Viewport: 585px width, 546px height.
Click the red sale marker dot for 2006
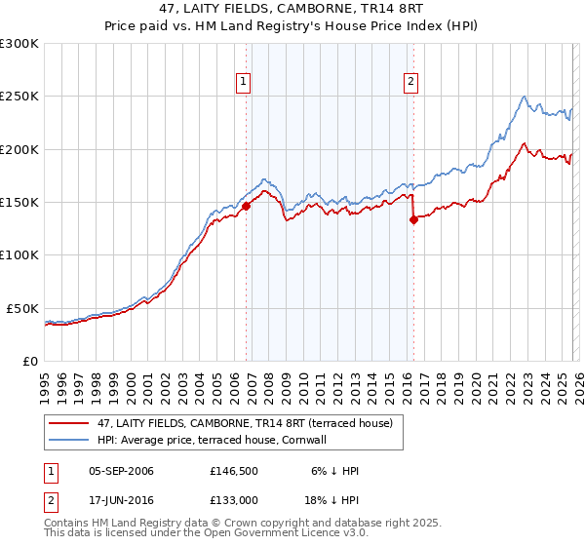click(246, 206)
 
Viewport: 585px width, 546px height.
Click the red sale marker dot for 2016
click(413, 220)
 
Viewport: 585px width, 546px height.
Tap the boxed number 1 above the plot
click(242, 82)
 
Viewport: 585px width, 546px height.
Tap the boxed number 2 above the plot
click(411, 82)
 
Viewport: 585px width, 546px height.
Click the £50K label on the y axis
click(22, 308)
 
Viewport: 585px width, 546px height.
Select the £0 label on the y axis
click(29, 361)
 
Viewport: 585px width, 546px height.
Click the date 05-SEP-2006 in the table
click(121, 471)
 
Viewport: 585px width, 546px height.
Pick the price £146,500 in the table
click(231, 471)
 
